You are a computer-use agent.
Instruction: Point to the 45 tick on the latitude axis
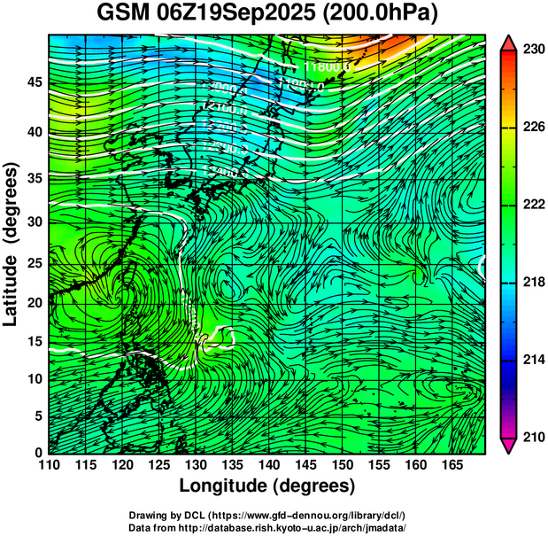(x=33, y=82)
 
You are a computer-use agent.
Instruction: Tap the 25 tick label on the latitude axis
(x=33, y=265)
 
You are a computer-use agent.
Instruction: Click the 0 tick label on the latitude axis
(x=36, y=452)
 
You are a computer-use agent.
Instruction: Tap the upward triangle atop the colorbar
(x=509, y=43)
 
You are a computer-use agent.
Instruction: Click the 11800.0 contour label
(x=328, y=66)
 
